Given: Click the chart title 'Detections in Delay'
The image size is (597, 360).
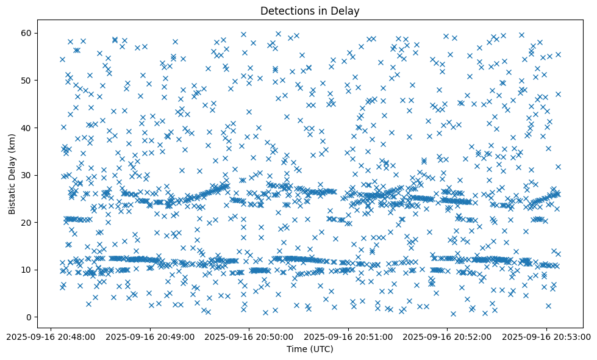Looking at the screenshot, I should (x=310, y=10).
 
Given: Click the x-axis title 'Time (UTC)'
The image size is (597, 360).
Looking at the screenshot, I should (x=310, y=349).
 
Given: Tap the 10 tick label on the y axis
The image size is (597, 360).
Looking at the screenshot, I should (x=27, y=270).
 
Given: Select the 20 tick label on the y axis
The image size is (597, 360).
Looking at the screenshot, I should (x=27, y=222).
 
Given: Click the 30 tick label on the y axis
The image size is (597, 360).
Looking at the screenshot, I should (x=27, y=175).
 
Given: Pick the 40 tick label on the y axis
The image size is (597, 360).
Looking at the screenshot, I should (x=27, y=128).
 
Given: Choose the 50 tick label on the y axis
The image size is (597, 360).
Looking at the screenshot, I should (x=27, y=80).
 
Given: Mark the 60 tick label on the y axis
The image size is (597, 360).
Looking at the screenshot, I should (x=27, y=33).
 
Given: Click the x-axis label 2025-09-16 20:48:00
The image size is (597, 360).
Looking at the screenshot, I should (x=51, y=336).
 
